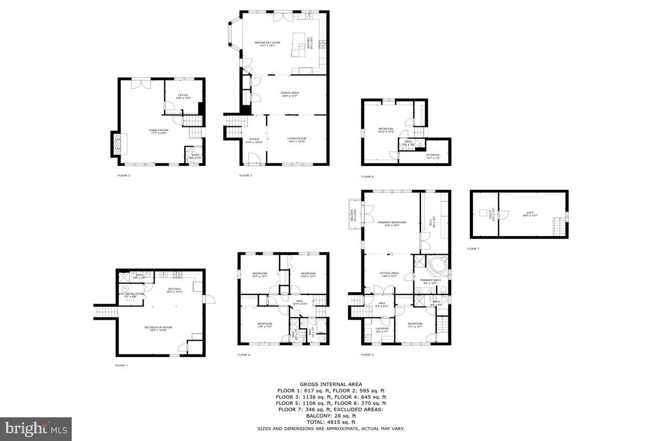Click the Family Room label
[158, 131]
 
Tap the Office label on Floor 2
[183, 96]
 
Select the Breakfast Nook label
[264, 43]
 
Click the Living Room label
[296, 139]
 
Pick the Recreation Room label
[158, 328]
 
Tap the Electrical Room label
[132, 294]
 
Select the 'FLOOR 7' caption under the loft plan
[473, 249]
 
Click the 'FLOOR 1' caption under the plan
[121, 365]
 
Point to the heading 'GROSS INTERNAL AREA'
[330, 384]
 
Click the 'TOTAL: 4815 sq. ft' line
[330, 422]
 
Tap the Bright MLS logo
[36, 428]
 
